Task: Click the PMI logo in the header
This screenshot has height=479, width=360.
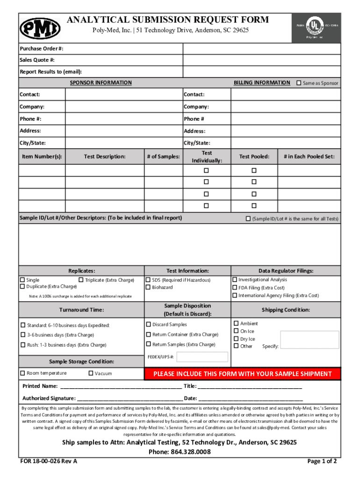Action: coord(40,28)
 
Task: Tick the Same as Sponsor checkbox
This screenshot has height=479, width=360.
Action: coord(299,83)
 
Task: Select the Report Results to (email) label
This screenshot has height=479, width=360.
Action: coord(50,72)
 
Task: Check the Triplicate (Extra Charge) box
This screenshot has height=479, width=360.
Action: coord(81,280)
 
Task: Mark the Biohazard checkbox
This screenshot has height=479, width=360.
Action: coord(148,287)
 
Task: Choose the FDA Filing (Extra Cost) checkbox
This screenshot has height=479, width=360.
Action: coord(235,288)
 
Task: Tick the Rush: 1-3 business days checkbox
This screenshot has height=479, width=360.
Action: coord(22,345)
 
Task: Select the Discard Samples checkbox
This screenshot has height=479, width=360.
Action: coord(148,324)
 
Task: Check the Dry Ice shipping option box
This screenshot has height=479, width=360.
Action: coord(236,339)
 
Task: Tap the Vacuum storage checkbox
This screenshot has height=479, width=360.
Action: coord(91,373)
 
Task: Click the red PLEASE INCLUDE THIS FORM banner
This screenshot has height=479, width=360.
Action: coord(243,374)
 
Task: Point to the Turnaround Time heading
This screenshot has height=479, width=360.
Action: coord(81,310)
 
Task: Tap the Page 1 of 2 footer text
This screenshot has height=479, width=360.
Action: coord(322,461)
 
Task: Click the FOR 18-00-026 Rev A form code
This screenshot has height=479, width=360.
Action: coord(49,461)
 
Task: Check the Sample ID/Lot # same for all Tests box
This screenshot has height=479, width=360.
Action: coord(248,218)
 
